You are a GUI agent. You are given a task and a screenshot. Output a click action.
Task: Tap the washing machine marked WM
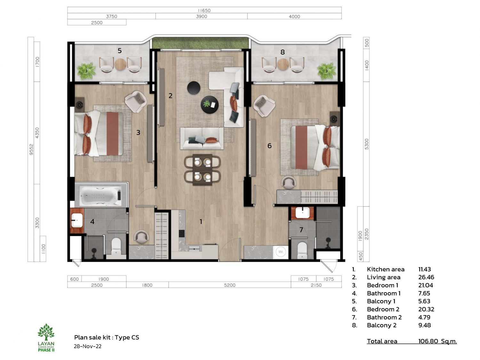click(x=281, y=252)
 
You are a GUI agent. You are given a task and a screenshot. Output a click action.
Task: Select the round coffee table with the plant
click(x=210, y=105)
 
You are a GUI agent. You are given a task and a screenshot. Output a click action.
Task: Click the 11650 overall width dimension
click(x=204, y=11)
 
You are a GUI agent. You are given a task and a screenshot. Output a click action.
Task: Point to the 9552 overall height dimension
click(x=31, y=149)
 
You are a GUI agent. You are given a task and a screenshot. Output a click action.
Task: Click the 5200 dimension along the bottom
click(x=230, y=285)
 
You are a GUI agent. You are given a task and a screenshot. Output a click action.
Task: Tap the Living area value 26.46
click(x=426, y=277)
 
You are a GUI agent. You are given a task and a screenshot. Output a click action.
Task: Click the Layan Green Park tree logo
click(x=46, y=332)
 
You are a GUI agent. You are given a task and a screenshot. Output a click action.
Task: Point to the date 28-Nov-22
click(x=87, y=346)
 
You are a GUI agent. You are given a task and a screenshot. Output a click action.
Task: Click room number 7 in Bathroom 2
click(x=301, y=230)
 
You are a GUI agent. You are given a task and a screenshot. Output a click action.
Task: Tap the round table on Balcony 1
click(x=120, y=64)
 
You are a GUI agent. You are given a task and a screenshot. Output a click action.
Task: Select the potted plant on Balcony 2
click(x=327, y=71)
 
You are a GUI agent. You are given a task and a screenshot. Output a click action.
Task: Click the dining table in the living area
click(x=202, y=170)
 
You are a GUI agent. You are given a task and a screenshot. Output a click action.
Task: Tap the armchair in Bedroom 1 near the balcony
click(x=136, y=101)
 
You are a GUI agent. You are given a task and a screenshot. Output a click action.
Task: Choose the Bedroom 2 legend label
click(x=383, y=309)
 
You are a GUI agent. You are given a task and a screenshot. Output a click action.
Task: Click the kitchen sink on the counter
click(x=194, y=249)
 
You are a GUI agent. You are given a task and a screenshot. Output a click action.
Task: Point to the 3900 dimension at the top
click(x=201, y=17)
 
